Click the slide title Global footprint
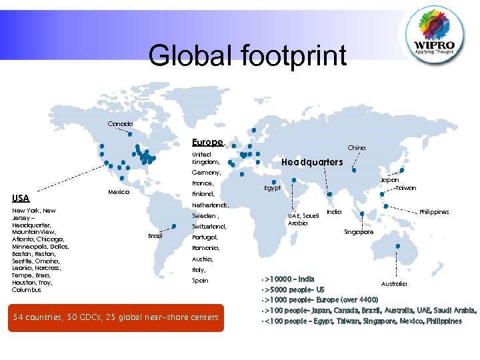pyautogui.click(x=247, y=55)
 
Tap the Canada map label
pyautogui.click(x=121, y=124)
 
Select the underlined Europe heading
pyautogui.click(x=207, y=143)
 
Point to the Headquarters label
pyautogui.click(x=312, y=162)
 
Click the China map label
pyautogui.click(x=357, y=147)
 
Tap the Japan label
pyautogui.click(x=389, y=179)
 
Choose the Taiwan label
pyautogui.click(x=405, y=188)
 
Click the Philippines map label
pyautogui.click(x=434, y=212)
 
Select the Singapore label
pyautogui.click(x=359, y=232)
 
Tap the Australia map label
pyautogui.click(x=395, y=284)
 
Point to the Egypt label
pyautogui.click(x=271, y=188)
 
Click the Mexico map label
pyautogui.click(x=118, y=192)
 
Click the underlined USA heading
pyautogui.click(x=21, y=198)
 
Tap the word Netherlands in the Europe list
pyautogui.click(x=209, y=205)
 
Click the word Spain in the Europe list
pyautogui.click(x=200, y=281)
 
